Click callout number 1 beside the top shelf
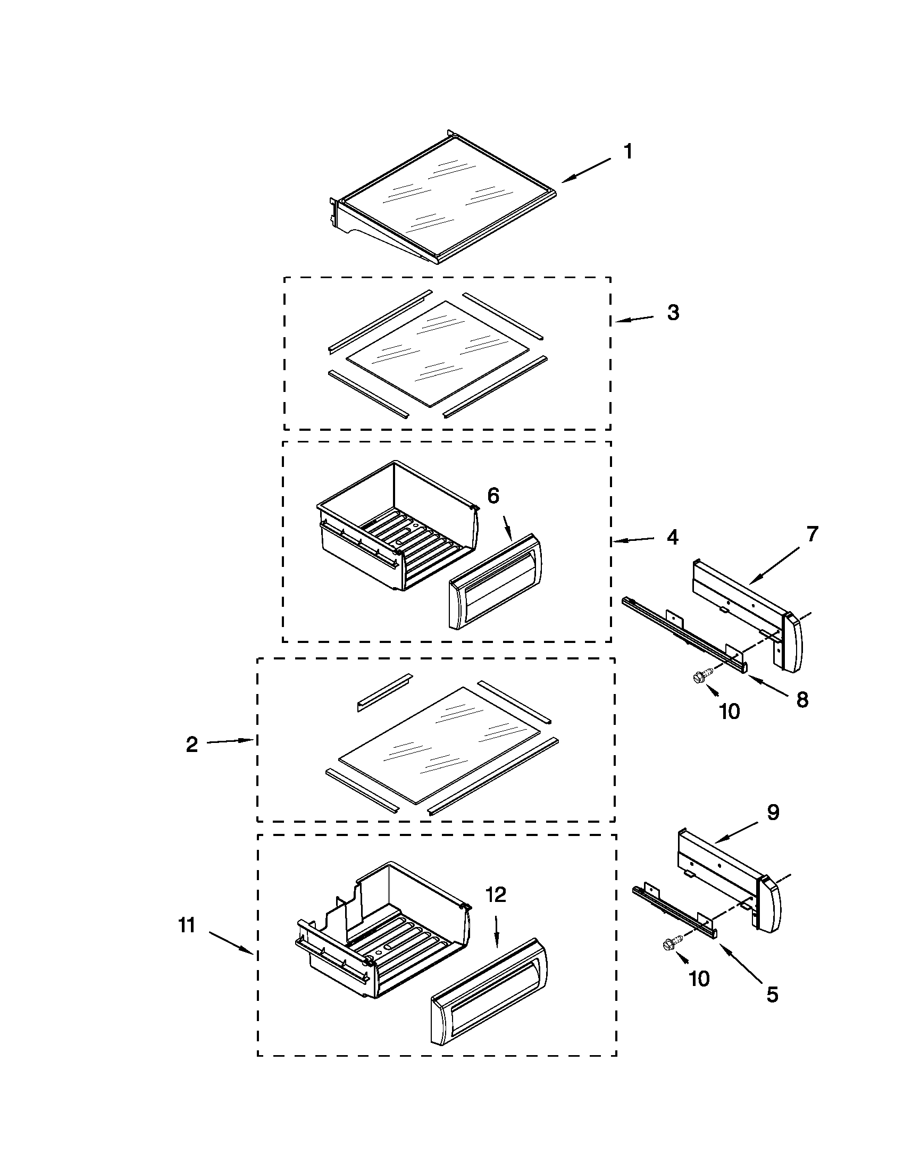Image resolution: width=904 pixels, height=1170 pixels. tap(628, 152)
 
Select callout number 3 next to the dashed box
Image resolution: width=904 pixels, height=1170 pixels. tap(673, 313)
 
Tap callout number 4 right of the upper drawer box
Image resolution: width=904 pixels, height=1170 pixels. tap(673, 537)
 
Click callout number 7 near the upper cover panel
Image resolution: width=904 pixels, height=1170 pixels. tap(813, 534)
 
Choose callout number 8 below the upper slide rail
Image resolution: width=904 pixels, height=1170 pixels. tap(802, 700)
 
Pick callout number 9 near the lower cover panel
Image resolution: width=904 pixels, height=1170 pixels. tap(773, 812)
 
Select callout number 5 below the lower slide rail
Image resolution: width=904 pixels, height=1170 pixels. tap(772, 995)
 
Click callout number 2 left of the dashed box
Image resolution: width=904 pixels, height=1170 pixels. tap(192, 745)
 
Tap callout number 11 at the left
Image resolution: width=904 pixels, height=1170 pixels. tap(186, 925)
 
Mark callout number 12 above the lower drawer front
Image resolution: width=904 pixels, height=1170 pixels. tap(496, 894)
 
